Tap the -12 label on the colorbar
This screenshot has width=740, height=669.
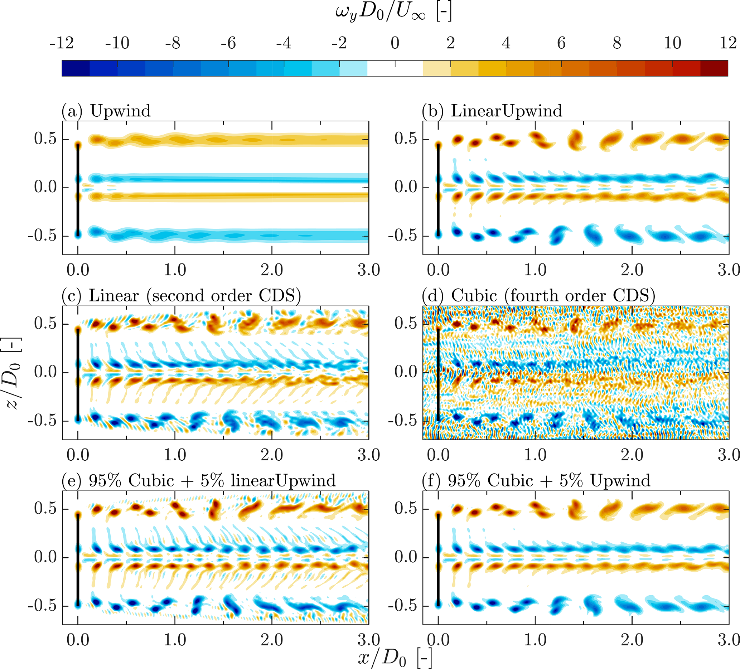click(62, 43)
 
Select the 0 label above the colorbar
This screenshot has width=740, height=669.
click(395, 43)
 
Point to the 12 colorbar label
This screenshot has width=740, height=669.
click(727, 43)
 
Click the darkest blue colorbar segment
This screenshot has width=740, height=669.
click(76, 68)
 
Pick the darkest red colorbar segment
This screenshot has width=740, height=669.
click(714, 68)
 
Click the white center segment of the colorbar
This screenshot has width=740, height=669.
click(395, 68)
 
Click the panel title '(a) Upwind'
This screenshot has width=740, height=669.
click(106, 111)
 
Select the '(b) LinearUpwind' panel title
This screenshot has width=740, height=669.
click(492, 111)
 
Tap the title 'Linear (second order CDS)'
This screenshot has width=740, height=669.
click(181, 296)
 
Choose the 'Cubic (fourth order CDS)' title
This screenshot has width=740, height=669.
click(538, 296)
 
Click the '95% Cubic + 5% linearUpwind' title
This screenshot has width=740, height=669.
click(199, 481)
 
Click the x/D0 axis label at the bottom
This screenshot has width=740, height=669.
click(395, 658)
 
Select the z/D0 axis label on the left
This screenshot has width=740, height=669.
click(13, 373)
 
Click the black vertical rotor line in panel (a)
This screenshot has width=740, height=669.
click(78, 189)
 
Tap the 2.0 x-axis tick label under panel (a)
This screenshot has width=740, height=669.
click(272, 271)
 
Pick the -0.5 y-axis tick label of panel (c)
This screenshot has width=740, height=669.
click(43, 421)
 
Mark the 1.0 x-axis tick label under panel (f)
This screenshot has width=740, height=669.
click(535, 640)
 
